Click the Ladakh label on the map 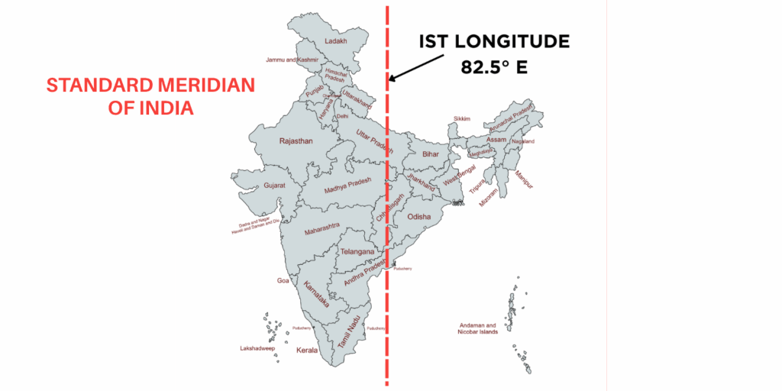tap(336, 41)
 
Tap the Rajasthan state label tap(296, 141)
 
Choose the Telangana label tap(357, 251)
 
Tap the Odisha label tap(418, 217)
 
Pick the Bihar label tap(431, 154)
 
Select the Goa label tap(283, 281)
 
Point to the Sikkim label tap(462, 119)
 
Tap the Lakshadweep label tap(257, 348)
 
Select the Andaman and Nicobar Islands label tap(478, 328)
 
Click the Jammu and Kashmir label tap(291, 60)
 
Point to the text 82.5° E tap(494, 66)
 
